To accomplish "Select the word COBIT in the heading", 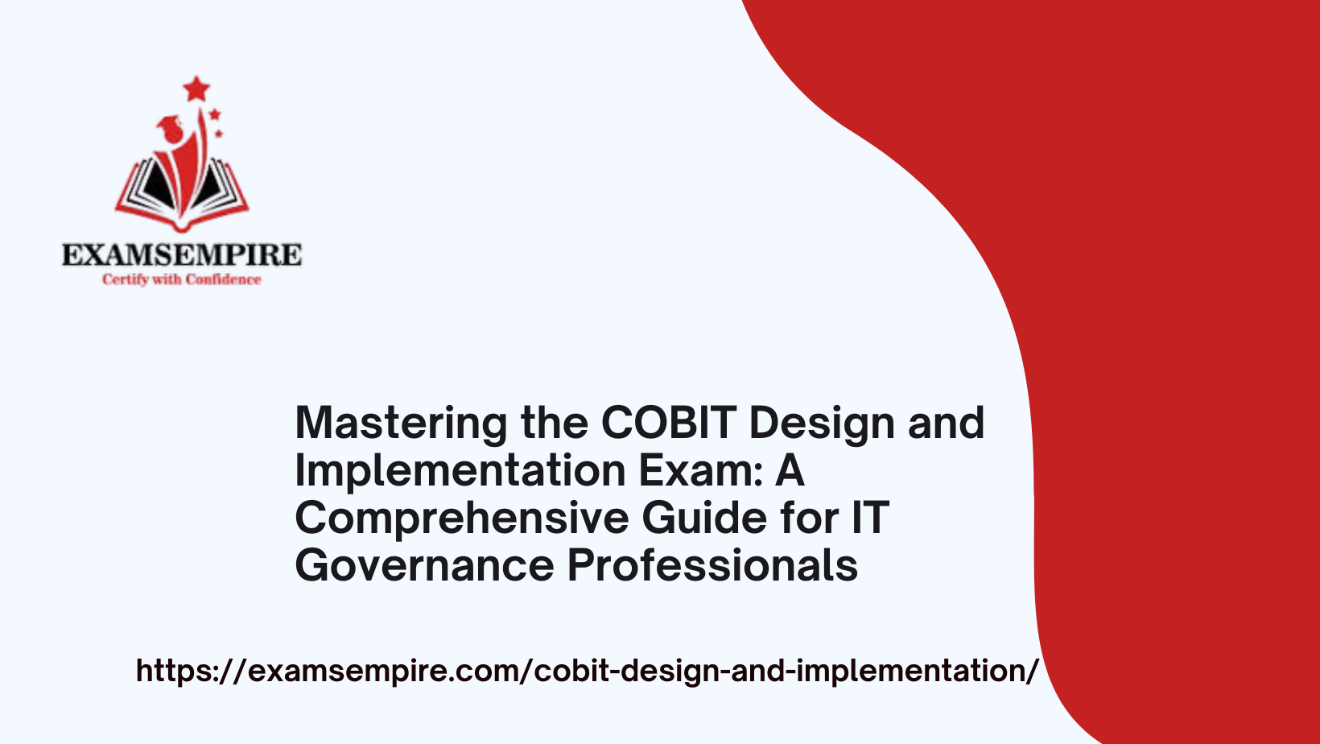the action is pos(669,423).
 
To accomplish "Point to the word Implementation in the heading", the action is pos(460,471).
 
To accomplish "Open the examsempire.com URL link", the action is pos(586,671).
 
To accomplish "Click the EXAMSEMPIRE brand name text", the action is pos(182,254).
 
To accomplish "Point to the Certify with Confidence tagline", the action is pos(182,279).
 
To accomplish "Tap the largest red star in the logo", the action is pos(196,89).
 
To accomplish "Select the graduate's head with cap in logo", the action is pos(171,129).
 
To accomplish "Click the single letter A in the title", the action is pos(790,470).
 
